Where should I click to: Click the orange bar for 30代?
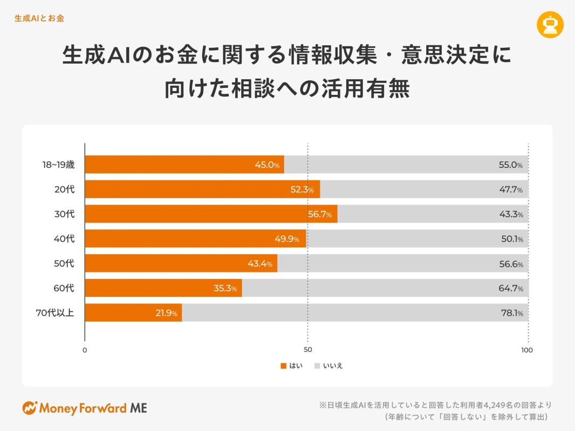211,214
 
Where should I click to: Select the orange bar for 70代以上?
133,312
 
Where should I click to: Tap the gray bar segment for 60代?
385,288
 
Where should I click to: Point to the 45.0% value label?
267,165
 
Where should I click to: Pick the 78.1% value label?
511,313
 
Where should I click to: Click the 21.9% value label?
166,313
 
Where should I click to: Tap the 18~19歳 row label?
58,165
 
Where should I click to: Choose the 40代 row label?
64,239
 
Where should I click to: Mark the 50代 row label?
64,263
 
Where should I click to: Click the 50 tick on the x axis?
307,350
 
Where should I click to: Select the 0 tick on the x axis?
85,350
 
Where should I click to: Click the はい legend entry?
291,366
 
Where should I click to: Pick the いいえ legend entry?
328,366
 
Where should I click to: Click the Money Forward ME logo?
85,408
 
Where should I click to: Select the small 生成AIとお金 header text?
39,18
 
